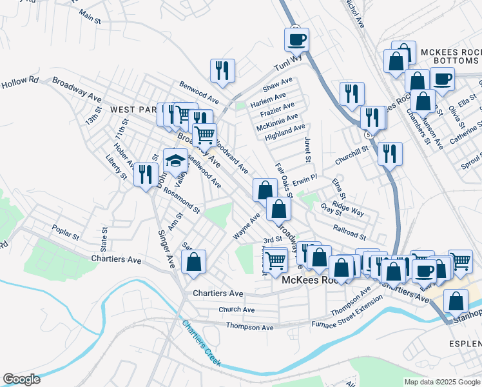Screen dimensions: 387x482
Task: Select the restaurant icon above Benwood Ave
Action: (222, 70)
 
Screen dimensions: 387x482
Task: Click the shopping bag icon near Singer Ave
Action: (193, 262)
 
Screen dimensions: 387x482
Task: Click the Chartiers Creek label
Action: (200, 344)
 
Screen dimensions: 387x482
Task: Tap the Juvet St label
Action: (308, 150)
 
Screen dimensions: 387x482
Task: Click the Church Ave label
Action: (236, 310)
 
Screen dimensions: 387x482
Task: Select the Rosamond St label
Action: (182, 201)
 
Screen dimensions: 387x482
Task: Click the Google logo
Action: (21, 379)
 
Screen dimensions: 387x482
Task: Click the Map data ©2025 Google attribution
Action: (441, 382)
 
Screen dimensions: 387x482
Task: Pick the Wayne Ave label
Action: (247, 227)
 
